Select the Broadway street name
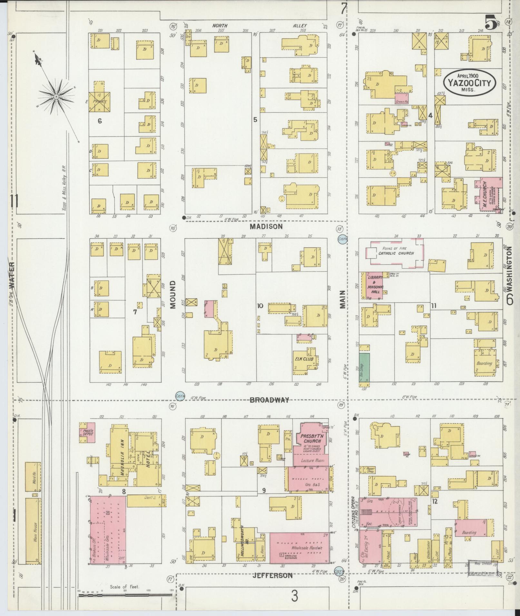pyautogui.click(x=270, y=400)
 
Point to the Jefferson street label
pyautogui.click(x=273, y=575)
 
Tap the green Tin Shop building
pyautogui.click(x=365, y=368)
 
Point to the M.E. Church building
pyautogui.click(x=488, y=195)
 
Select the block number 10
pyautogui.click(x=260, y=306)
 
